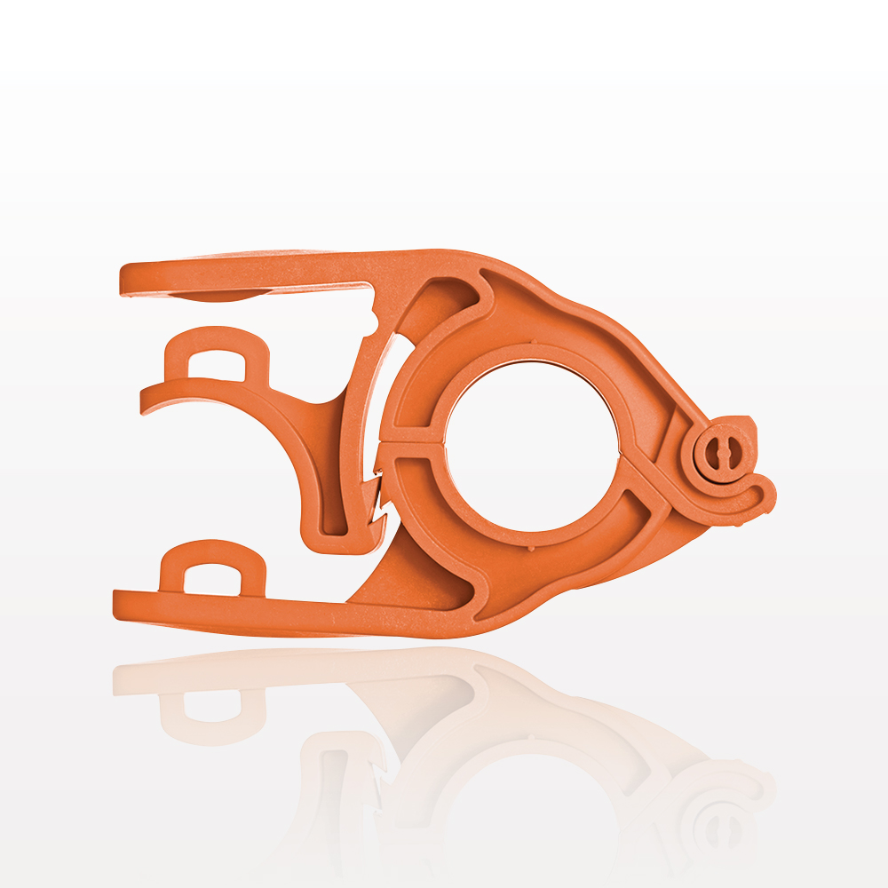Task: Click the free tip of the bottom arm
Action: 119,605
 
